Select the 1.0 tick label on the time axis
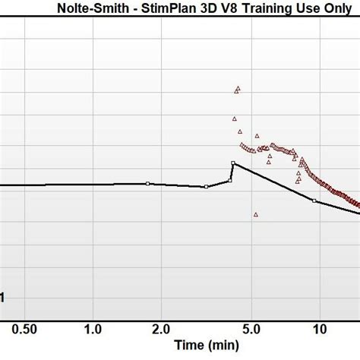pyautogui.click(x=93, y=329)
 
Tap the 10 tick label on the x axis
pyautogui.click(x=320, y=329)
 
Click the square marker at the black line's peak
pyautogui.click(x=233, y=163)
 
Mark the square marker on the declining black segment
pyautogui.click(x=314, y=201)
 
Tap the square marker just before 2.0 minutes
pyautogui.click(x=148, y=183)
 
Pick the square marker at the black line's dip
pyautogui.click(x=206, y=187)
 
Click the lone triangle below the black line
pyautogui.click(x=256, y=215)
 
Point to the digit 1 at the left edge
pyautogui.click(x=2, y=298)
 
